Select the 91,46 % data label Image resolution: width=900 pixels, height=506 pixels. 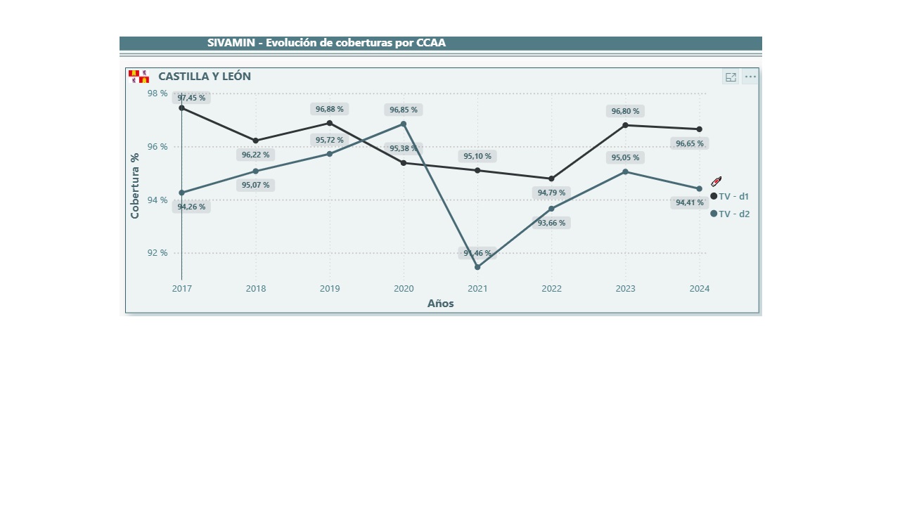(x=478, y=253)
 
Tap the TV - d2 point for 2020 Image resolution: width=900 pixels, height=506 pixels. (x=404, y=124)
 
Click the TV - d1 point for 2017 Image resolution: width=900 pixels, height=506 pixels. (x=181, y=108)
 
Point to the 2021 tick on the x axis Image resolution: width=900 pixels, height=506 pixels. (x=477, y=288)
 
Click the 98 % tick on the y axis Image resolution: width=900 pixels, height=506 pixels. (x=157, y=93)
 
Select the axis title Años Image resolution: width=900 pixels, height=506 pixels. (x=441, y=304)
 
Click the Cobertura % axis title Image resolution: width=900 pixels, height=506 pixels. (x=135, y=186)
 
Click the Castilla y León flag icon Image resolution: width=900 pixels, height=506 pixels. (x=139, y=77)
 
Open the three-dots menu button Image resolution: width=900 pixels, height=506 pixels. (x=750, y=77)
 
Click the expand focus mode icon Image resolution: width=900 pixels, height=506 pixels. (x=731, y=77)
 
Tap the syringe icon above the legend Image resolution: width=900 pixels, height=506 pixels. (x=716, y=181)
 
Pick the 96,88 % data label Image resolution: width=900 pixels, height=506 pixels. (x=330, y=109)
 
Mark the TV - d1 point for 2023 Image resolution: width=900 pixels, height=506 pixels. (x=625, y=125)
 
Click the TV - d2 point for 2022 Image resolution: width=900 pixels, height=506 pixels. (x=551, y=209)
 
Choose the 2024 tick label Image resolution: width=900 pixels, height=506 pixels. (x=699, y=288)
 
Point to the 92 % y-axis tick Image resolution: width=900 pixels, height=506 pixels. (x=157, y=253)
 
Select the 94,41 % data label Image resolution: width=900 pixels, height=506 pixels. (x=690, y=202)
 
